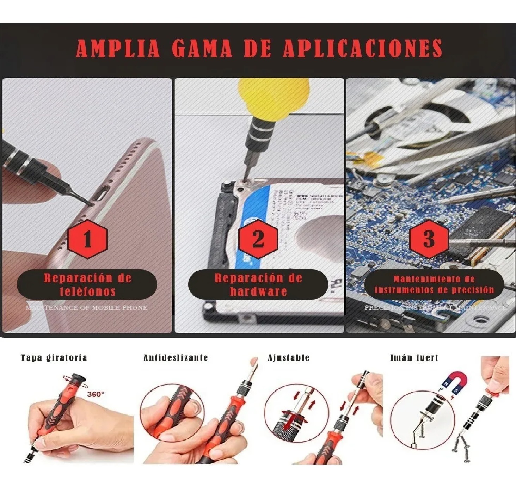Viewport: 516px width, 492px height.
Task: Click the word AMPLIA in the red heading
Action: (118, 48)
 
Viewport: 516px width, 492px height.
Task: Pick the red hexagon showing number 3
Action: (429, 239)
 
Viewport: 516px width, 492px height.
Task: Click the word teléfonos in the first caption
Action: (87, 291)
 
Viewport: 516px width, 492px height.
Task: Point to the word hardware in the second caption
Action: (258, 291)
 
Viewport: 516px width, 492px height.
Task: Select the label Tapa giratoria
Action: (54, 358)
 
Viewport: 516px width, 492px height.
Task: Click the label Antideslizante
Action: (176, 358)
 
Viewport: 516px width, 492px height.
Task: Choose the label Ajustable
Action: (289, 358)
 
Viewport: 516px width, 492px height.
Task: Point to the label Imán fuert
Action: (414, 358)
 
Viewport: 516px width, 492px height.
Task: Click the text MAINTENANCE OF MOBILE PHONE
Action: (87, 308)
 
